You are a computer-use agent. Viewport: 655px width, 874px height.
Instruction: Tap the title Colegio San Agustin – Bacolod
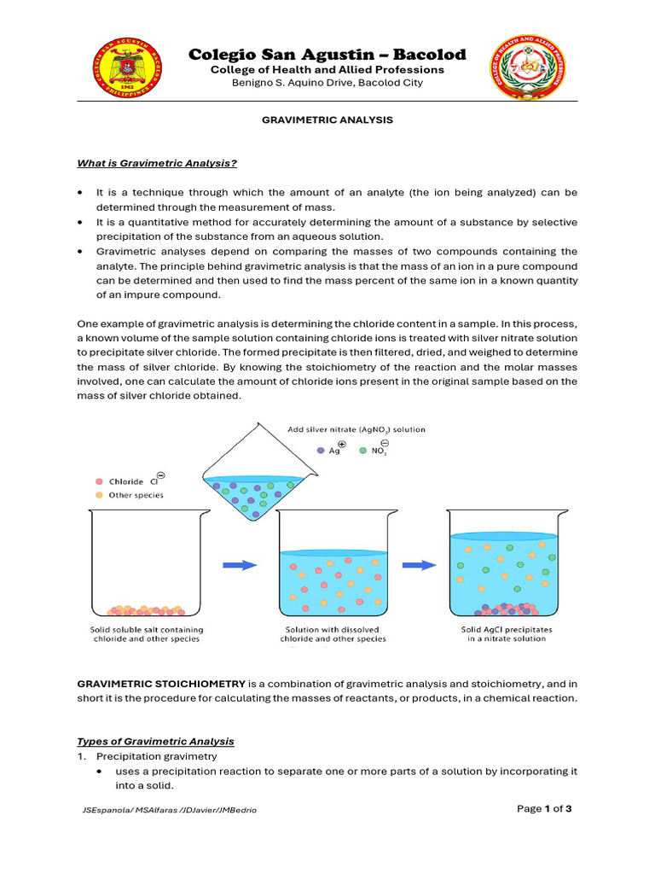327,55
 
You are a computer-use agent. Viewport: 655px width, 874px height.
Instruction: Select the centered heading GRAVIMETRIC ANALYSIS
327,120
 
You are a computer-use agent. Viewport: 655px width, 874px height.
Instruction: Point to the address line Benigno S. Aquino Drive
327,83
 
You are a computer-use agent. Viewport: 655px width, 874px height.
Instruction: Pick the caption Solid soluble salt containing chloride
146,634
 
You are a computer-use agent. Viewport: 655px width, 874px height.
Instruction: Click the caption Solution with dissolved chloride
334,634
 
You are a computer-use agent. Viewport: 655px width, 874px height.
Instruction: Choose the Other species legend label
136,494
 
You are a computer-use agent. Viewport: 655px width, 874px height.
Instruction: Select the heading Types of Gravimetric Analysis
155,741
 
